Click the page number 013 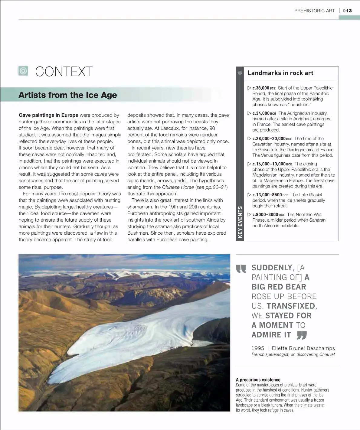coord(347,11)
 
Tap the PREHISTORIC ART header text coord(315,11)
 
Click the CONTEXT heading coord(64,72)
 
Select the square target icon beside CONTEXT coord(23,71)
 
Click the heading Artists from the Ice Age coord(67,95)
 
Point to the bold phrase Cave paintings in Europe coord(48,115)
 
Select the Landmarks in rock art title coord(280,73)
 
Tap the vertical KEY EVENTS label coord(240,222)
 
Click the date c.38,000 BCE coord(264,88)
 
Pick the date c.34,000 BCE coord(264,113)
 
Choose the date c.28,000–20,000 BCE coord(272,139)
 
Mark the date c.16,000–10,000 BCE coord(272,164)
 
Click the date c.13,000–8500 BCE coord(270,195)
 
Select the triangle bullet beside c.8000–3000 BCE coord(249,214)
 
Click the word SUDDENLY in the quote coord(272,268)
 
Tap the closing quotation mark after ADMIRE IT coord(302,335)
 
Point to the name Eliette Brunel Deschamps coord(303,348)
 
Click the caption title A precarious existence coord(258,380)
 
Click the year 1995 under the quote coord(258,348)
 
